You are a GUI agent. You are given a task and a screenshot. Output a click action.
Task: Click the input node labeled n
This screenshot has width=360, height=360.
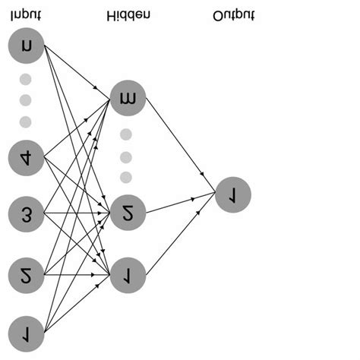(x=27, y=46)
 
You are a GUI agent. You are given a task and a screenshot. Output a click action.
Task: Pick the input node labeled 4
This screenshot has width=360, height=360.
(x=27, y=157)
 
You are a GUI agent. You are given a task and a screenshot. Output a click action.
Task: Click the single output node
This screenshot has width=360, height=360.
(x=231, y=194)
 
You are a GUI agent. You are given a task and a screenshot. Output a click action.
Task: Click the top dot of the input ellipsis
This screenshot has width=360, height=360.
(x=25, y=79)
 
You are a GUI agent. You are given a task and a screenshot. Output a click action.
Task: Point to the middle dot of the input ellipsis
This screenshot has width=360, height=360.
(x=25, y=100)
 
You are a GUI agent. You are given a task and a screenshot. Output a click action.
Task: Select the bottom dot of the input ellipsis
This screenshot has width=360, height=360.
(x=25, y=122)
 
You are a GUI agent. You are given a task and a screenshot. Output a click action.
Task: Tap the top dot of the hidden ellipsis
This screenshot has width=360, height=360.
(x=126, y=134)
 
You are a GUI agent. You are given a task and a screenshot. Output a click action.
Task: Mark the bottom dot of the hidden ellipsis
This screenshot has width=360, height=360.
(x=126, y=177)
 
